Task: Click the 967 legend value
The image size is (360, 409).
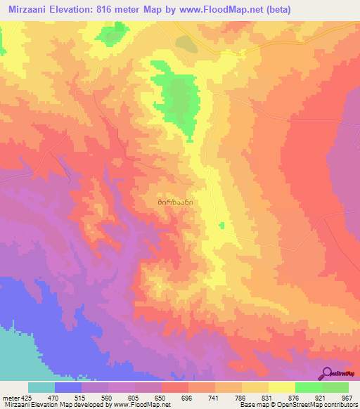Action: click(347, 398)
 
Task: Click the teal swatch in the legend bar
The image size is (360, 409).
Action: click(41, 387)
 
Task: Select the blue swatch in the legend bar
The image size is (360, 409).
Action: click(68, 387)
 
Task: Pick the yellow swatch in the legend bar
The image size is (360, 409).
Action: click(281, 387)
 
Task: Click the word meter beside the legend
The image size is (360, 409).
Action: click(11, 398)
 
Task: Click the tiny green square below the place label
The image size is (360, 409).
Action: click(221, 225)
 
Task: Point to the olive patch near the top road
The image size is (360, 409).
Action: click(186, 44)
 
